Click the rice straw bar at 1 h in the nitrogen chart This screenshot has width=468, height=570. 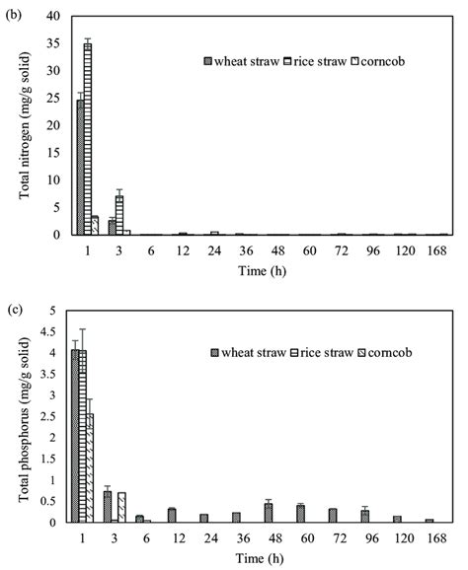[88, 139]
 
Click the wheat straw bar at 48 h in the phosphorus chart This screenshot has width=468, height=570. [268, 513]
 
